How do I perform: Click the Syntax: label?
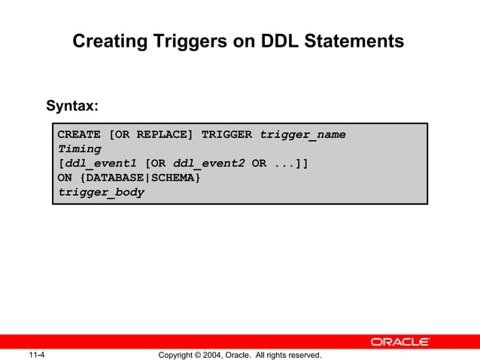pyautogui.click(x=73, y=105)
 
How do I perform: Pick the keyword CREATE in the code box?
pyautogui.click(x=79, y=135)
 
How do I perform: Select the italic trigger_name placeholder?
pyautogui.click(x=303, y=135)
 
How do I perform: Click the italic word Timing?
pyautogui.click(x=79, y=149)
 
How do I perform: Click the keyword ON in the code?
pyautogui.click(x=65, y=178)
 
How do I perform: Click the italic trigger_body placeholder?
pyautogui.click(x=101, y=192)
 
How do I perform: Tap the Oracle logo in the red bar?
pyautogui.click(x=399, y=342)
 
